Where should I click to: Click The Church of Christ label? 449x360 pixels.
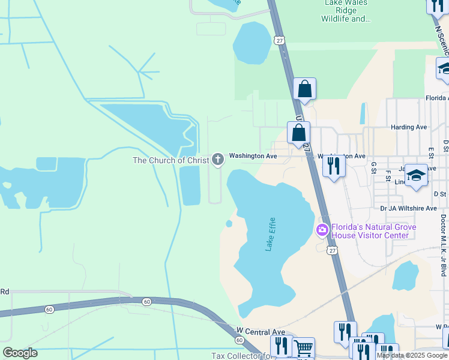click(170, 160)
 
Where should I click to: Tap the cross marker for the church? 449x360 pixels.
click(217, 160)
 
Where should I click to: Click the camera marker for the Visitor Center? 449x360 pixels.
click(322, 229)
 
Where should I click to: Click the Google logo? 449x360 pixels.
click(20, 353)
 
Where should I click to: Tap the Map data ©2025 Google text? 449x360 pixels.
click(412, 355)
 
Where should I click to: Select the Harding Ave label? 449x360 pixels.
click(408, 127)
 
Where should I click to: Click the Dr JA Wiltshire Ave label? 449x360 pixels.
click(409, 208)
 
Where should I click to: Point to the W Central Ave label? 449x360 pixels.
click(261, 331)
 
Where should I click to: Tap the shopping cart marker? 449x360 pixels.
click(304, 347)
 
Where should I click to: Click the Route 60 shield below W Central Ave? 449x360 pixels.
click(240, 340)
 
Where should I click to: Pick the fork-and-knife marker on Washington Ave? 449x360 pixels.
click(334, 165)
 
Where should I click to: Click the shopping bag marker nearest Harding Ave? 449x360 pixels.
click(298, 132)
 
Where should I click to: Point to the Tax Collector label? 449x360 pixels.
click(240, 356)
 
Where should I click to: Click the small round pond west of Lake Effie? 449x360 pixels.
click(229, 224)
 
